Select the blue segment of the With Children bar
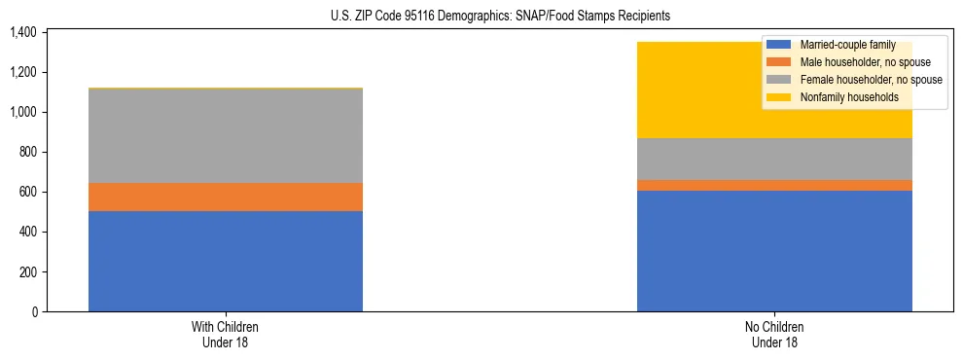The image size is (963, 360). [226, 261]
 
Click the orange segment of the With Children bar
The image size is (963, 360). [226, 197]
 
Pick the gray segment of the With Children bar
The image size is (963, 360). [226, 135]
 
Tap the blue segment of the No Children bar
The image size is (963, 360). [774, 251]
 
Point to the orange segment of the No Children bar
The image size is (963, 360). [774, 185]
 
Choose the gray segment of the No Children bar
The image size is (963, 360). [774, 159]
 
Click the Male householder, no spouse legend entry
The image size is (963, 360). [853, 62]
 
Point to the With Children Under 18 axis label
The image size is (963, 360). [226, 334]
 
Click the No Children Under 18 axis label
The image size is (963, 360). [774, 334]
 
